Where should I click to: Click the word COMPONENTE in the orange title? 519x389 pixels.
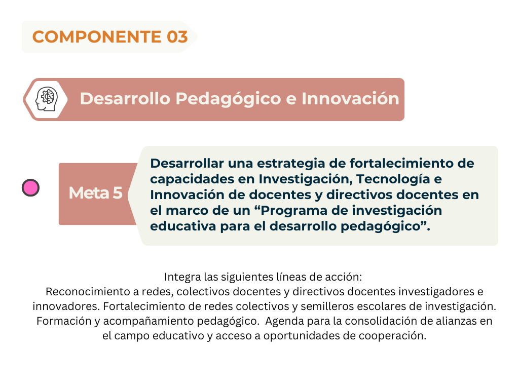[x=97, y=36]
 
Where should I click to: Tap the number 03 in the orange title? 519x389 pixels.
[x=177, y=36]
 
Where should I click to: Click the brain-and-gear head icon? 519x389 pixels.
[x=47, y=99]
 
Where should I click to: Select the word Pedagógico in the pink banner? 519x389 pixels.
[x=228, y=99]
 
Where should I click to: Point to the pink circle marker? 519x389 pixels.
[x=30, y=187]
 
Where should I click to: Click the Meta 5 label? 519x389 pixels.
[x=95, y=193]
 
